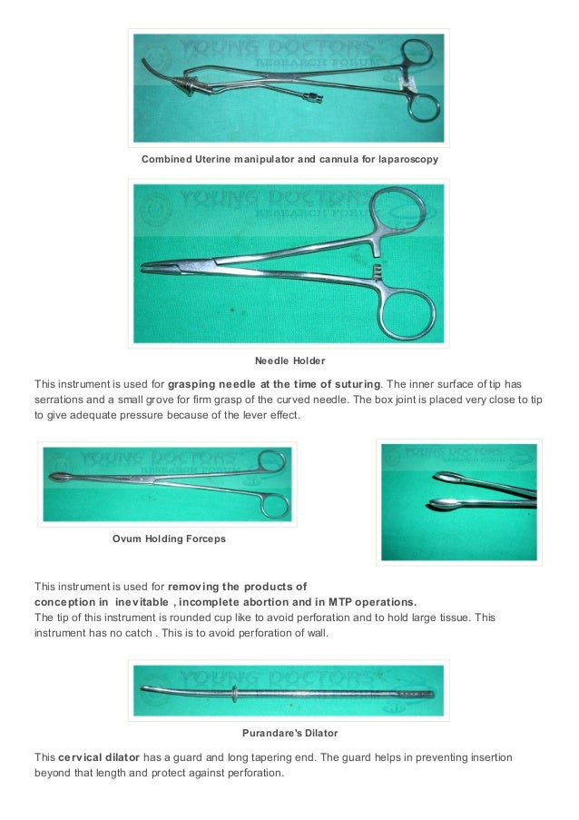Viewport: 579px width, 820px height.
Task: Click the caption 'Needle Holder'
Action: (x=289, y=361)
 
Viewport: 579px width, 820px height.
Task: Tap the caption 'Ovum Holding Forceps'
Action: (x=169, y=538)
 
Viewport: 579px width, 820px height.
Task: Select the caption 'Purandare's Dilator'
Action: (x=289, y=732)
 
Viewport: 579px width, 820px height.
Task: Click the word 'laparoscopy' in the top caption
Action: (x=406, y=160)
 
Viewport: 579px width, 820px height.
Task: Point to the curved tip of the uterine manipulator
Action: (x=147, y=65)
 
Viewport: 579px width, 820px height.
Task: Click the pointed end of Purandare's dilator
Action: (x=144, y=689)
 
